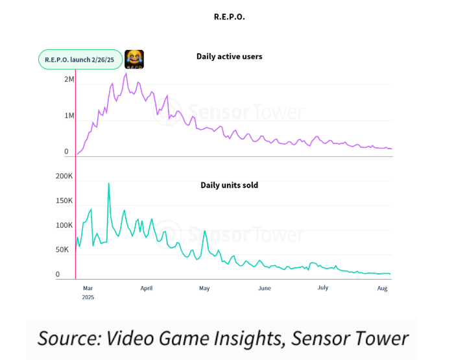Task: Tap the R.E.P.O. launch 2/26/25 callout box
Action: coord(80,59)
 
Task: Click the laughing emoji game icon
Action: coord(134,59)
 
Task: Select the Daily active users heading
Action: coord(229,56)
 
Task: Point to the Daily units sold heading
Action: coord(229,185)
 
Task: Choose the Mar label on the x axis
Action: coord(88,287)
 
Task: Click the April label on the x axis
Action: coord(147,287)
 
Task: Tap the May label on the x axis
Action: coord(204,287)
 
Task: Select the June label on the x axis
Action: coord(264,287)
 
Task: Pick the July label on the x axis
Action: coord(322,287)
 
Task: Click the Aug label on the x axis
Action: coord(382,287)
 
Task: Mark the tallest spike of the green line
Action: coord(108,184)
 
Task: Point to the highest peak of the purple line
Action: coord(126,73)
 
